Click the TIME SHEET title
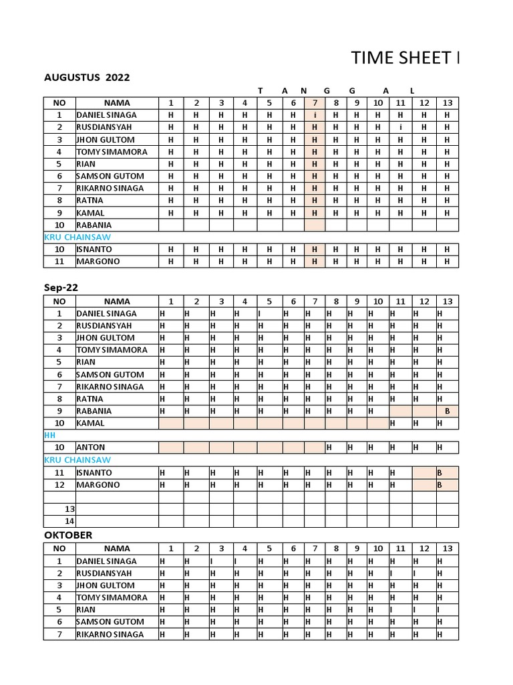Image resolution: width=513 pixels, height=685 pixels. [x=405, y=59]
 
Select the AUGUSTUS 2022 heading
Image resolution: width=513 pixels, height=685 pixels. [x=87, y=78]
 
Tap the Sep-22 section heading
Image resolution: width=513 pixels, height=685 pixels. [x=61, y=288]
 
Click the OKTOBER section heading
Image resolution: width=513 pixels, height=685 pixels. [x=68, y=535]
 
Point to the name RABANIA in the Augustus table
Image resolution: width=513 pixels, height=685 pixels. [x=94, y=225]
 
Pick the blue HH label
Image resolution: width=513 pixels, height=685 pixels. [x=49, y=435]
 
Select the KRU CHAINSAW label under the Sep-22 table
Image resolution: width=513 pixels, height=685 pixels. [x=77, y=460]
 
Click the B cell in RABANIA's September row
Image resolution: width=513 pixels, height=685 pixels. [x=447, y=411]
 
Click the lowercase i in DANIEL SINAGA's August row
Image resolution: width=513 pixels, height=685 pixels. [x=314, y=115]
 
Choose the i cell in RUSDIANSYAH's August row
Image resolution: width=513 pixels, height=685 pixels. [x=400, y=127]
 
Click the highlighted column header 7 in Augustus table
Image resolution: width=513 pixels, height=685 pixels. [x=314, y=103]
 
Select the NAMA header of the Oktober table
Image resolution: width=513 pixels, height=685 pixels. [x=117, y=549]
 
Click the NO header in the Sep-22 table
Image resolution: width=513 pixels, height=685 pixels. [x=59, y=302]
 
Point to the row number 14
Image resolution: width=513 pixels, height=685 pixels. [x=69, y=521]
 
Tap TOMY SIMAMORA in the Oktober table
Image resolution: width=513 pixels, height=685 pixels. [x=112, y=597]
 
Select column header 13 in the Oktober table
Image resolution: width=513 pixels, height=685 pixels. [x=447, y=549]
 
